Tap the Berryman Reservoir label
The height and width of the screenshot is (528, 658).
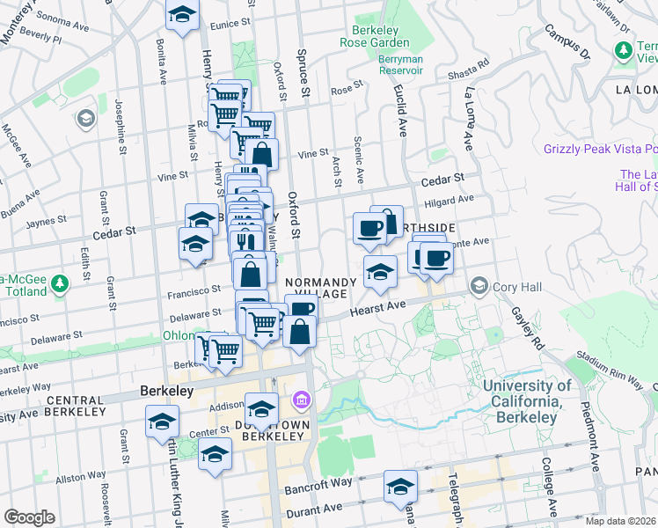tap(413, 76)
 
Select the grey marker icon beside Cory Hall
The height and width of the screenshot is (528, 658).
tap(479, 285)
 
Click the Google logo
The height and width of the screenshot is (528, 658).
tap(29, 517)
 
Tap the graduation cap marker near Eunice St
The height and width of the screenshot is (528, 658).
tap(183, 16)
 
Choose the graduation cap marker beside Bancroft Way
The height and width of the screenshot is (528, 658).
tap(400, 487)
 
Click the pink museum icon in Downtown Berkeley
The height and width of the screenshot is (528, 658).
tap(302, 401)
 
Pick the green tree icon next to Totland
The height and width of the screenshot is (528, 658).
tap(59, 284)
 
